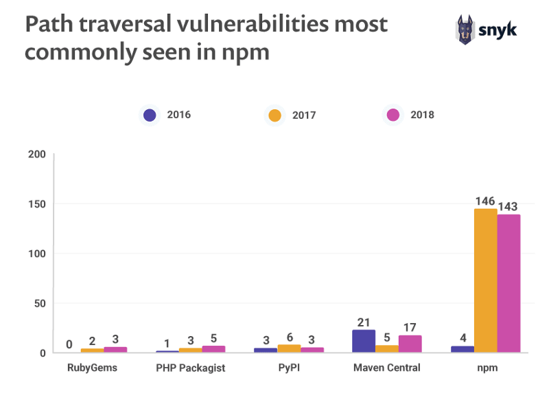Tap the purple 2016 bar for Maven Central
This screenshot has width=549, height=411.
coord(364,341)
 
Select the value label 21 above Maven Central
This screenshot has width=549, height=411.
coord(364,322)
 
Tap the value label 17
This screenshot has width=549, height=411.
coord(410,328)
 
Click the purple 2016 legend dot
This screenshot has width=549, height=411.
coord(149,115)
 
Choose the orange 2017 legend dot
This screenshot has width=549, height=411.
coord(274,115)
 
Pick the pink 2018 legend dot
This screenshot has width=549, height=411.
coord(393,115)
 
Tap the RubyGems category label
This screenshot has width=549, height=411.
coord(93,368)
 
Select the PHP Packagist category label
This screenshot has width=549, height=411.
coord(191,368)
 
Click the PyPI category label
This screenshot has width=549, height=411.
coord(290,368)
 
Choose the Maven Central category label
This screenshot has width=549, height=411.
coord(387,368)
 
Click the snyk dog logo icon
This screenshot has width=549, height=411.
coord(466,30)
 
